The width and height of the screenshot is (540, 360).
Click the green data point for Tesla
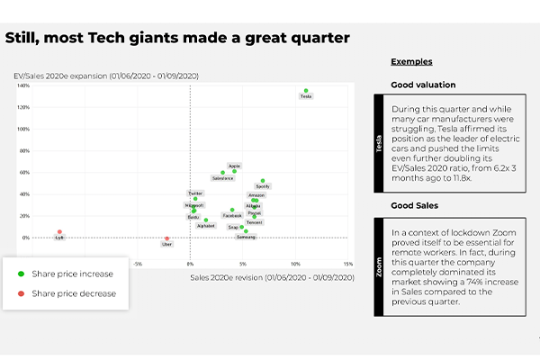(306, 91)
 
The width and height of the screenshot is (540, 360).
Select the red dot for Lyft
(60, 232)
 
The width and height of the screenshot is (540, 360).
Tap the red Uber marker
(166, 238)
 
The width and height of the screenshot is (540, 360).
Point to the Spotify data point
(263, 181)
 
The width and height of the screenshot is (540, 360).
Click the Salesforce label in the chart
(222, 178)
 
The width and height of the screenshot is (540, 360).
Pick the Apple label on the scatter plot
(234, 166)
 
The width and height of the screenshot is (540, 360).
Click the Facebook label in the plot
(232, 216)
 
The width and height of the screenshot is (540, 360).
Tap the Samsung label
(246, 237)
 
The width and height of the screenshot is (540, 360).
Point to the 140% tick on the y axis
(24, 86)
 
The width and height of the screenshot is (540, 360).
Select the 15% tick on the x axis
(347, 265)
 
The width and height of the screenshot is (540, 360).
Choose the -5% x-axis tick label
(138, 265)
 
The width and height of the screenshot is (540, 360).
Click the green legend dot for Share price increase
(21, 273)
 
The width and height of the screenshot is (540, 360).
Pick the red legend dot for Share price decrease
(21, 293)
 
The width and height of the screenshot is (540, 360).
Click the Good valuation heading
(423, 85)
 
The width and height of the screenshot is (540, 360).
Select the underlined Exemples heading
(411, 62)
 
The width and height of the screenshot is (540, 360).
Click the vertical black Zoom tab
(380, 269)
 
